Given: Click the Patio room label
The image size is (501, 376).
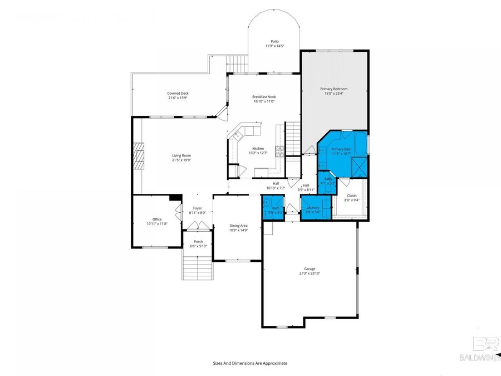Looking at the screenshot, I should [x=274, y=41].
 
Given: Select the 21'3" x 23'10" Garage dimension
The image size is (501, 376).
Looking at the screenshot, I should [x=310, y=274].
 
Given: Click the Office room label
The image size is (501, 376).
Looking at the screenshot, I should [x=157, y=219].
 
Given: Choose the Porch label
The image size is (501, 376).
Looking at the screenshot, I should [x=198, y=241].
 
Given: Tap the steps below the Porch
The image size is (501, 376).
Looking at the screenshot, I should [x=198, y=268].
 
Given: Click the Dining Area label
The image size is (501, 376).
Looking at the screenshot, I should [x=239, y=226].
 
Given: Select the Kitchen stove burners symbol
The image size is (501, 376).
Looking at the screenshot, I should [x=280, y=149].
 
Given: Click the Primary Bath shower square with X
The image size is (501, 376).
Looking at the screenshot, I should [x=360, y=166].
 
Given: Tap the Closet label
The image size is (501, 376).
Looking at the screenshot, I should [x=352, y=196].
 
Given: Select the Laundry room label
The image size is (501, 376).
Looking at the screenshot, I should [x=313, y=207].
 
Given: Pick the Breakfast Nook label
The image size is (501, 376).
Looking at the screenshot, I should [x=264, y=96].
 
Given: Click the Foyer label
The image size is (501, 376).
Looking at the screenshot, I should [x=198, y=208].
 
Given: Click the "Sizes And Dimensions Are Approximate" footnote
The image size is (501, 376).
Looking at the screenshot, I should [x=250, y=363].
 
